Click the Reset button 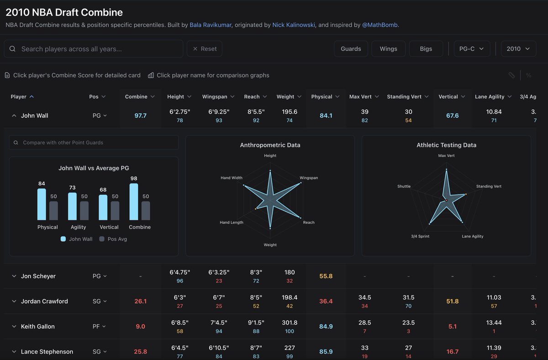[204, 49]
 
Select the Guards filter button [351, 49]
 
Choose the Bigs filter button [426, 49]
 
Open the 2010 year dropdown [518, 49]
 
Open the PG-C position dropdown [472, 49]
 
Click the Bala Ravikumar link [211, 25]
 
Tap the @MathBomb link [380, 25]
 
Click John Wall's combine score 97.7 [140, 116]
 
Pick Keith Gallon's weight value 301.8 [290, 323]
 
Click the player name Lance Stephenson [47, 352]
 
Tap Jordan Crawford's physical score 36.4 [326, 302]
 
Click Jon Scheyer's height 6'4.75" [179, 272]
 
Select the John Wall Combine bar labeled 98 [134, 202]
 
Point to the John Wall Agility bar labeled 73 [72, 206]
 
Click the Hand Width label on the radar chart [232, 178]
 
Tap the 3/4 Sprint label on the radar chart [420, 236]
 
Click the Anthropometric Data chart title [270, 145]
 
